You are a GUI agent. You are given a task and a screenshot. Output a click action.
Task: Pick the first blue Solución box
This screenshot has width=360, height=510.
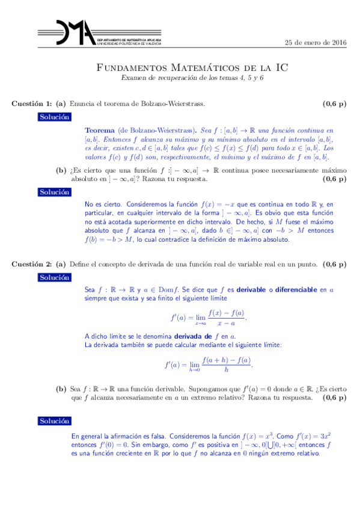click(x=54, y=117)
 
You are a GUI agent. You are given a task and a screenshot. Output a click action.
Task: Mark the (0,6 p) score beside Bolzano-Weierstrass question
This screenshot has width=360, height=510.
click(x=334, y=104)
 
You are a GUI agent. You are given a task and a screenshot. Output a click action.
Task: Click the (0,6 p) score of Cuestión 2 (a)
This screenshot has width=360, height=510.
click(x=334, y=264)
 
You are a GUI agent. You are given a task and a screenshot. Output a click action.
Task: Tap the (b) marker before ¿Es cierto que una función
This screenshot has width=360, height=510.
click(x=61, y=171)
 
